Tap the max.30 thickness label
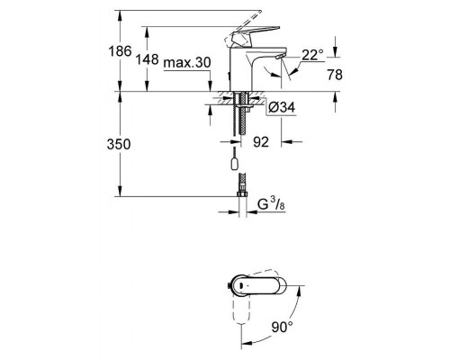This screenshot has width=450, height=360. (x=187, y=61)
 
